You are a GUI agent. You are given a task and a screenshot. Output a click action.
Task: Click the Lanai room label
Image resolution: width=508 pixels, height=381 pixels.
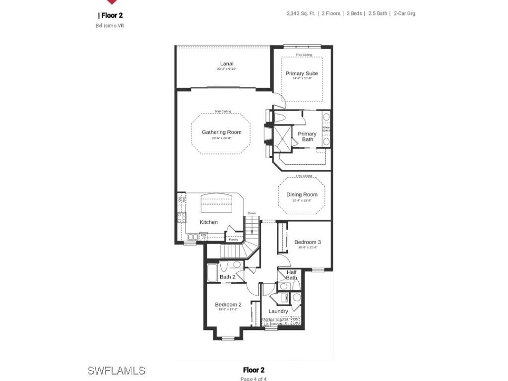[x=227, y=63]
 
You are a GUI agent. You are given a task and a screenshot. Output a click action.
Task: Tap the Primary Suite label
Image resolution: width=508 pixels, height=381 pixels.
[x=302, y=73]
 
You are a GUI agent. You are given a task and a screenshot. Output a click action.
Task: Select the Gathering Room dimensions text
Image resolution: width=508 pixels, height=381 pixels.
[x=221, y=138]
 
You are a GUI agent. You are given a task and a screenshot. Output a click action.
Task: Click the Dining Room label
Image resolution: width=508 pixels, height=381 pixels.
[x=302, y=194]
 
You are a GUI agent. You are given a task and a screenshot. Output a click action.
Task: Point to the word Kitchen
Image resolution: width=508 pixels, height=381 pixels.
[x=209, y=222]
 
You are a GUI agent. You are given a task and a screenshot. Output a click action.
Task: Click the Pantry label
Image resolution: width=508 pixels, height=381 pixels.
[x=233, y=239]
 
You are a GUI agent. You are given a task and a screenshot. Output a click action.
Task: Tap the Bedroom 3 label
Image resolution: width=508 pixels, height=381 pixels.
[x=308, y=242]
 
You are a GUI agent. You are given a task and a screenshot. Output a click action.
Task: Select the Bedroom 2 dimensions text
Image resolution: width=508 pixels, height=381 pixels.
[x=228, y=310]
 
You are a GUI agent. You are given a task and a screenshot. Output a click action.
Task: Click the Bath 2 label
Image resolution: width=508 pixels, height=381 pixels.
[x=227, y=277]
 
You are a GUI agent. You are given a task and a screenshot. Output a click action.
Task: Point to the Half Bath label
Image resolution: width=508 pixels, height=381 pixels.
[x=291, y=275]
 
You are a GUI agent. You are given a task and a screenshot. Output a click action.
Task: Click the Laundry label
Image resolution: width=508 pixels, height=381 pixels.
[x=278, y=312]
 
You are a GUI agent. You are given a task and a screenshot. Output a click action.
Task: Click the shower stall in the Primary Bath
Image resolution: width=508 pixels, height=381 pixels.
[x=283, y=137]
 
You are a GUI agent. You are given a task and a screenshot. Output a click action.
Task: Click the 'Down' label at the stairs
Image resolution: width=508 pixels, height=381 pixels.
[x=252, y=213]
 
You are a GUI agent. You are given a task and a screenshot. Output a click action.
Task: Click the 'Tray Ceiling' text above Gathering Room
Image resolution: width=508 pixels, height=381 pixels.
[x=223, y=111]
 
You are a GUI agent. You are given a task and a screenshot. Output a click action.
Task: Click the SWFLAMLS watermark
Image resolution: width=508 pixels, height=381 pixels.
[x=116, y=371]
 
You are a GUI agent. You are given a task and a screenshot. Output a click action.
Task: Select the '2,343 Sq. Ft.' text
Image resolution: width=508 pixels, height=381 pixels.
[x=300, y=13]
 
